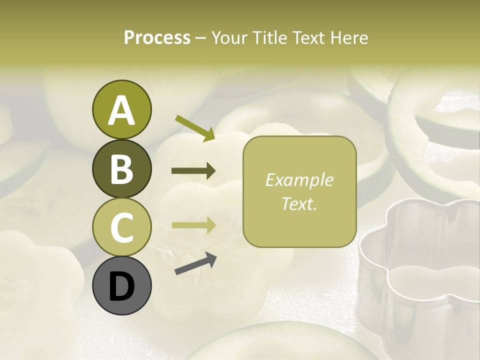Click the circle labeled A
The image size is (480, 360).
coord(121,110)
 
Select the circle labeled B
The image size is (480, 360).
coord(121,168)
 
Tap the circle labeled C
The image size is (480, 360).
coord(121,227)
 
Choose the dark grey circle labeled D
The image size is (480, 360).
coord(121,286)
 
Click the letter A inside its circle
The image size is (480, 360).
coord(121,110)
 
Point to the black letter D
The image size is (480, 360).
coord(121,286)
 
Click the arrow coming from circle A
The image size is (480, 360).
coord(195,128)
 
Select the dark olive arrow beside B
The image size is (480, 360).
coord(193,171)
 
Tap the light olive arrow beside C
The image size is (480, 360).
coord(193,225)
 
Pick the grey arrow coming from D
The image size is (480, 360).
coord(195,263)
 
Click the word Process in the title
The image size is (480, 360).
coord(157,38)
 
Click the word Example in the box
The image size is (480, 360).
coord(299,180)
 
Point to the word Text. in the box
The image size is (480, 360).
coord(299,203)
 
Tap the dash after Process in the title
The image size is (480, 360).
coord(201,38)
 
